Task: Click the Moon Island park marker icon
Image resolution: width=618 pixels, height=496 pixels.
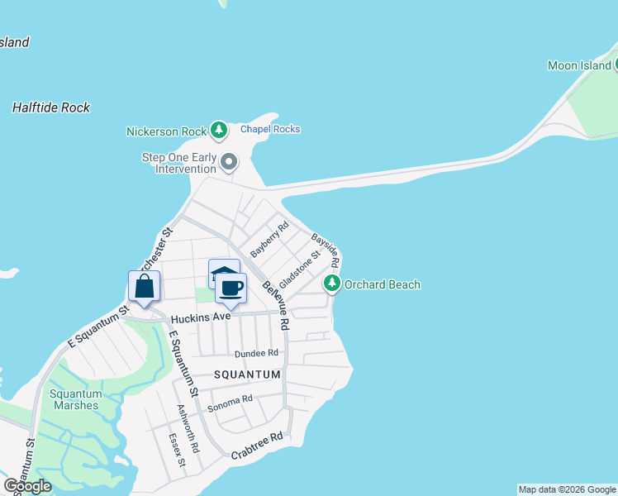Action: (x=607, y=65)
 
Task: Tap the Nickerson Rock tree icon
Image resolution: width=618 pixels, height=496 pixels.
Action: (x=218, y=130)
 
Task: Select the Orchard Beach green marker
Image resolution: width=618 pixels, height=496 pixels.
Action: (x=332, y=284)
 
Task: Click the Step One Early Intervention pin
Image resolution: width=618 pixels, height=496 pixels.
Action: (x=229, y=160)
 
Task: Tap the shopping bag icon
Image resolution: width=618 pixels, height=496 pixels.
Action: (x=144, y=287)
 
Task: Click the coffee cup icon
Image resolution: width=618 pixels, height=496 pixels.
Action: (x=231, y=289)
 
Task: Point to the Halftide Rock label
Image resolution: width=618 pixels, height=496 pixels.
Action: (x=51, y=107)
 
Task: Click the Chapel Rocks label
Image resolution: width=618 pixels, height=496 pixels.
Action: (x=270, y=129)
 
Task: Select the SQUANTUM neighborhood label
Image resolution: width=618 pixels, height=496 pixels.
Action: (x=247, y=374)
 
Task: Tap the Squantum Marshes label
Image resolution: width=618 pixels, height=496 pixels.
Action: (x=75, y=399)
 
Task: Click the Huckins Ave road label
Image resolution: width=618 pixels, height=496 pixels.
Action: (x=200, y=318)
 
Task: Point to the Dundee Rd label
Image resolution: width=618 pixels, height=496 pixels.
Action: (x=257, y=352)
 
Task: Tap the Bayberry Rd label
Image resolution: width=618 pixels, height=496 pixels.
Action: (x=269, y=239)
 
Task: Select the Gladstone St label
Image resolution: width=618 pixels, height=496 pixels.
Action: (x=299, y=266)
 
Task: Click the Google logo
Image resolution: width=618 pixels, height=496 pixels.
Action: (x=27, y=486)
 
